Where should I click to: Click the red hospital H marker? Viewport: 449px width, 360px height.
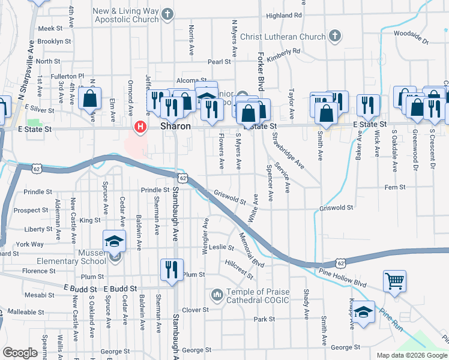(140, 127)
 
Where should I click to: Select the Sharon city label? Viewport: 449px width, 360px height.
(176, 127)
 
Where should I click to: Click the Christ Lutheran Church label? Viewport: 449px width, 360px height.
(282, 37)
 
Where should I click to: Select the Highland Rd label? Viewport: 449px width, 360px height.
(285, 15)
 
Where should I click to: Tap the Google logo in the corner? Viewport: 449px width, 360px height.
(20, 353)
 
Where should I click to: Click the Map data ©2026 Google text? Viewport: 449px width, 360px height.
(411, 355)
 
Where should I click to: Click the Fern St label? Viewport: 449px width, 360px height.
(395, 187)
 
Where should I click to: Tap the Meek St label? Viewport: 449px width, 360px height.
(50, 28)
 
